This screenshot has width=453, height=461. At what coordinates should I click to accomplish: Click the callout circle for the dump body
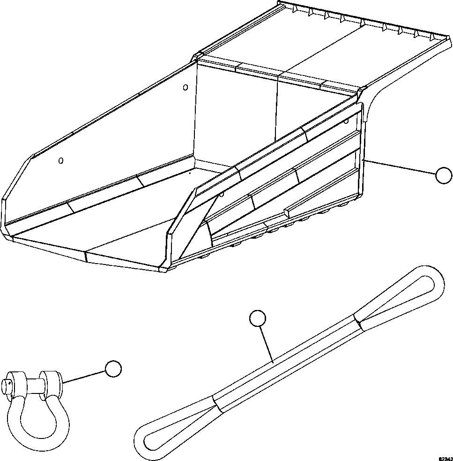pyautogui.click(x=443, y=176)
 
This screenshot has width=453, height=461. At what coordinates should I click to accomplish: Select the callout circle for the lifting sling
pyautogui.click(x=257, y=318)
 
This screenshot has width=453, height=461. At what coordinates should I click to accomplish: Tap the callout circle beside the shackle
pyautogui.click(x=113, y=369)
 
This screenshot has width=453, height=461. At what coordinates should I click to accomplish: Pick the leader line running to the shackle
pyautogui.click(x=84, y=376)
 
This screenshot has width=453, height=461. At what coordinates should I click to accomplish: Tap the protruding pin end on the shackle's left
pyautogui.click(x=7, y=386)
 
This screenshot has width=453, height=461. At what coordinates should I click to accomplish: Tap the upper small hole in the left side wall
pyautogui.click(x=185, y=87)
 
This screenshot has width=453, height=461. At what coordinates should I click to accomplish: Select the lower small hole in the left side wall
pyautogui.click(x=60, y=161)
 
